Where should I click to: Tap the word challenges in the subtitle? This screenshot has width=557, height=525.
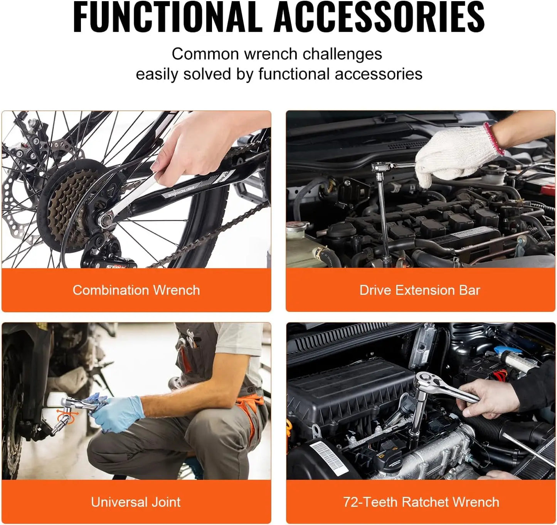pyautogui.click(x=342, y=54)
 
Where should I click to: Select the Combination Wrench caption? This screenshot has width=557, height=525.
pyautogui.click(x=136, y=290)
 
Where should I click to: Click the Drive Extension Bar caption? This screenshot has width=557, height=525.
pyautogui.click(x=420, y=290)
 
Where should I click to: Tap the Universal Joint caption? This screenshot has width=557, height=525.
pyautogui.click(x=136, y=502)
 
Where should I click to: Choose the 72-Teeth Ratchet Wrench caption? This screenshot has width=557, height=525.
pyautogui.click(x=421, y=502)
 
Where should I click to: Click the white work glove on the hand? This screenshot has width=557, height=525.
pyautogui.click(x=451, y=154)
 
